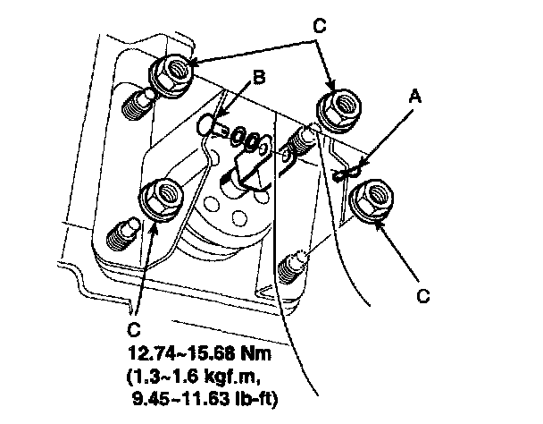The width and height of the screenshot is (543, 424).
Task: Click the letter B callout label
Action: (x=259, y=79)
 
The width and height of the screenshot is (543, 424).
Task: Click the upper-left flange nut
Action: (x=172, y=67)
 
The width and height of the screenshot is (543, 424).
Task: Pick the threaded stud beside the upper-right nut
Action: (x=300, y=140)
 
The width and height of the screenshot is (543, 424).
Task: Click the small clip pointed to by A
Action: (x=347, y=173)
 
